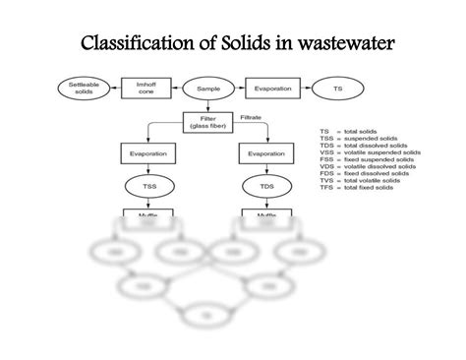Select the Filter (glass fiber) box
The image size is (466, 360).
[207, 124]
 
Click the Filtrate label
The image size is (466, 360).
[251, 117]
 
